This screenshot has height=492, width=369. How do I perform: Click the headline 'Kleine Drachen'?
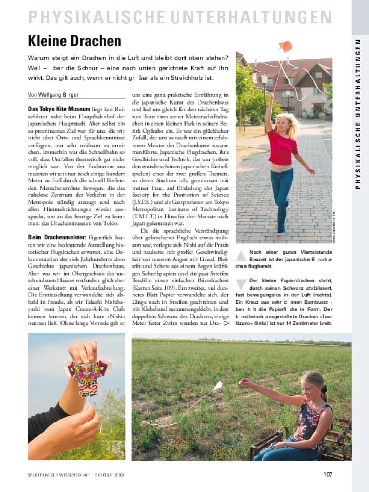[74, 41]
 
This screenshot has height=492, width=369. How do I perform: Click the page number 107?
[327, 474]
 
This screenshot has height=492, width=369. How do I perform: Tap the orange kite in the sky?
[285, 47]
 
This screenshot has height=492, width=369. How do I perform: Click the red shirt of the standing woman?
[282, 148]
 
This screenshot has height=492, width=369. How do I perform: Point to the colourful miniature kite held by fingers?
[88, 376]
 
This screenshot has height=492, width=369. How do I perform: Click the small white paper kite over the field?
[218, 385]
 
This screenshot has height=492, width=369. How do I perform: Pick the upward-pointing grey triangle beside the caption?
[241, 255]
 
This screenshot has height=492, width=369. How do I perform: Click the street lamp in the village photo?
[264, 82]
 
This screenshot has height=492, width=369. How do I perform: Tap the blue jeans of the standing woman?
[281, 195]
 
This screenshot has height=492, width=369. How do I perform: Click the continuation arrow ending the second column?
[227, 324]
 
